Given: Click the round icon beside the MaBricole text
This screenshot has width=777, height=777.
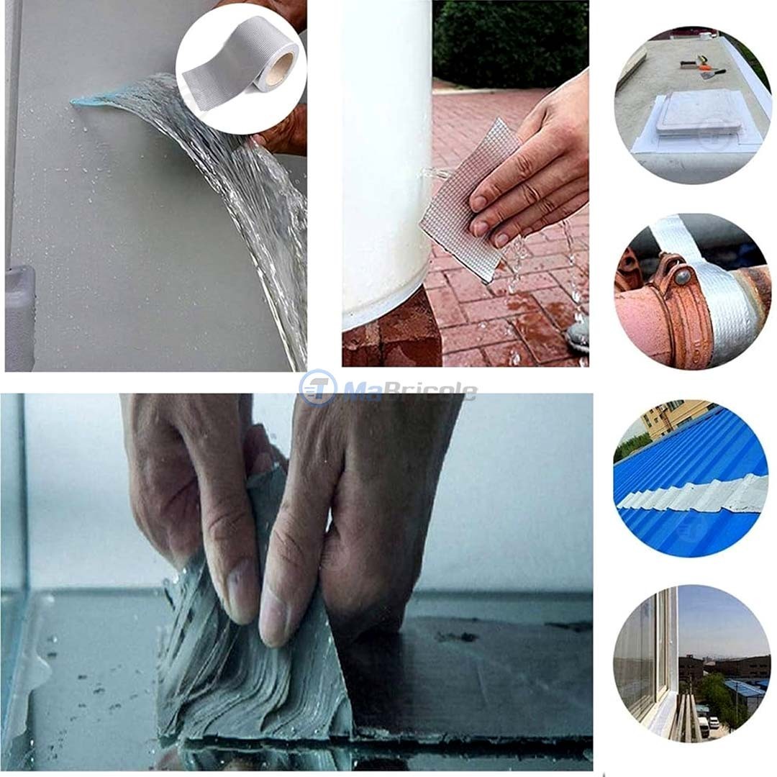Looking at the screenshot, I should (317, 389).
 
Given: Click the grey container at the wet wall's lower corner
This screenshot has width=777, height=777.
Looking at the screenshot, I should (19, 317).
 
